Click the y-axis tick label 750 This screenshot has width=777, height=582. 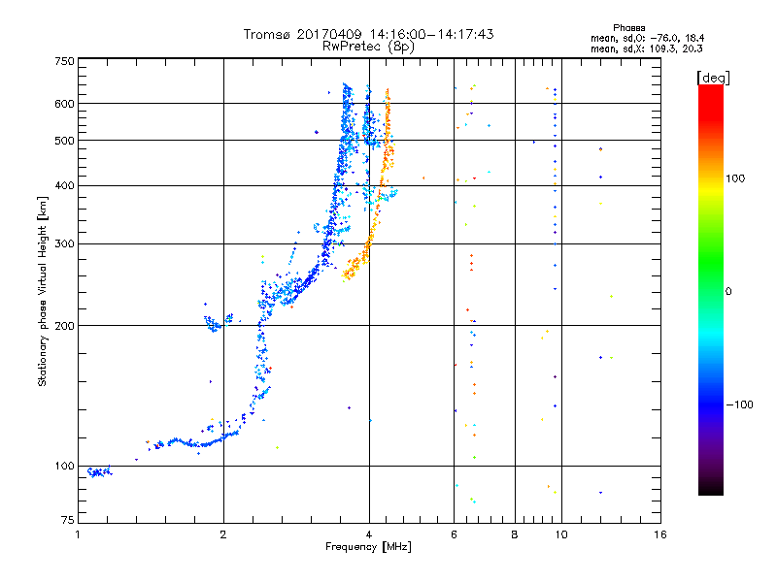point(64,60)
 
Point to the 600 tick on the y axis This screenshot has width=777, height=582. point(64,103)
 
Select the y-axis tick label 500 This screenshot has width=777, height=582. point(64,141)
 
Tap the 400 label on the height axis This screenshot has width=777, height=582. point(64,185)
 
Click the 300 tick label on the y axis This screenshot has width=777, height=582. point(64,243)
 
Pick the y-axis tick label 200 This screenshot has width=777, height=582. point(64,325)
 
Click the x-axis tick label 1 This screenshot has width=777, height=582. point(78,534)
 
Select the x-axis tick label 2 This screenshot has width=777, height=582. point(223,534)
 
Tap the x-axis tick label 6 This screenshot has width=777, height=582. point(454,534)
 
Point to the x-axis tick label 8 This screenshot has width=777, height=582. point(515,534)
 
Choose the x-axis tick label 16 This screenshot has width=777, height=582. point(659,534)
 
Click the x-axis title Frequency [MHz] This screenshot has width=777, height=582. point(368,549)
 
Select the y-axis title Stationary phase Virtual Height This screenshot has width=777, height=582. point(43,291)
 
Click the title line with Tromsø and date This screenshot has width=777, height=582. point(368,34)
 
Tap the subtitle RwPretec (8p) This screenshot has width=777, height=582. point(368,46)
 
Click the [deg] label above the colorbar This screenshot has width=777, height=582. point(714,77)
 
